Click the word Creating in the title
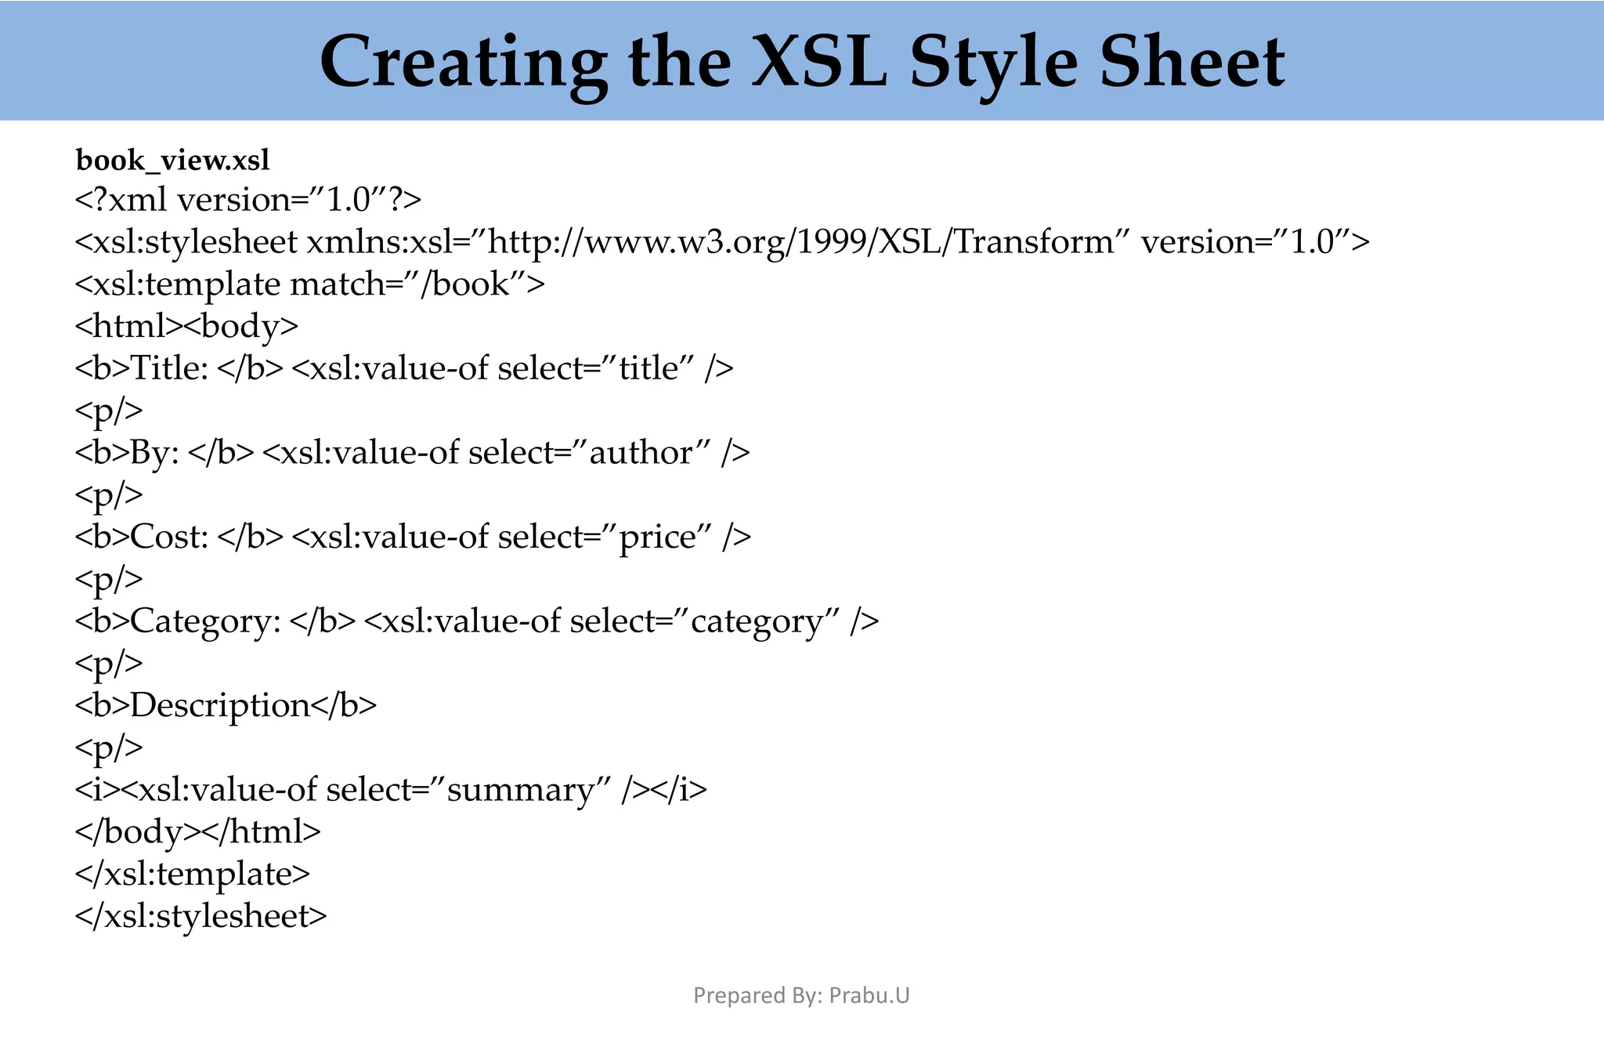462,63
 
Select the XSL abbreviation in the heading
819,63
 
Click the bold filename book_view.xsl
172,161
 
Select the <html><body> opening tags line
186,326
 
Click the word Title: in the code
169,368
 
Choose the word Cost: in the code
169,537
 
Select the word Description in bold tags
219,705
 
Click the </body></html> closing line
197,831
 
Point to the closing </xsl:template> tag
193,874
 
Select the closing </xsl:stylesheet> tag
200,916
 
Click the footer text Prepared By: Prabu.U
801,995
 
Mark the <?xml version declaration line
248,201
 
